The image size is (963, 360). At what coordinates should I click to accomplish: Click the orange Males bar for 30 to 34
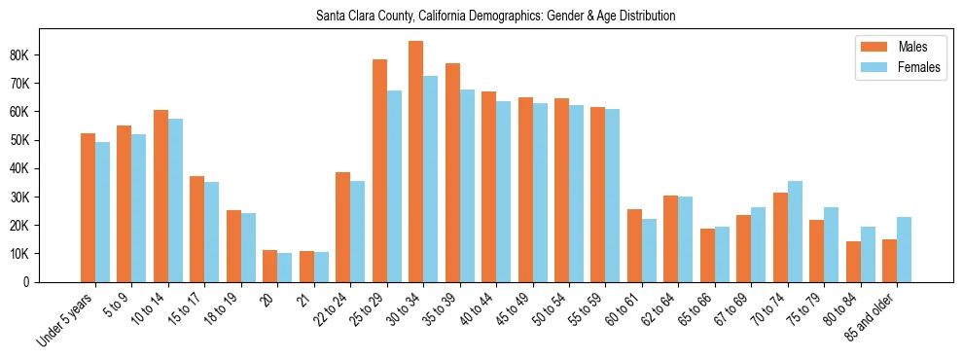[x=415, y=162]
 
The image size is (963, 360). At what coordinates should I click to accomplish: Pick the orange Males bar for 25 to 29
[x=379, y=170]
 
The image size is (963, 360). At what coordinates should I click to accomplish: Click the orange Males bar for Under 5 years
[x=88, y=207]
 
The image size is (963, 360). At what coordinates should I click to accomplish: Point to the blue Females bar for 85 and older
[x=904, y=249]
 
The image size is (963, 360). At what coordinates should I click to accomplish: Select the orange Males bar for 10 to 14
[x=160, y=196]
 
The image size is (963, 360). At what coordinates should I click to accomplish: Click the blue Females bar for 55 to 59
[x=612, y=196]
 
